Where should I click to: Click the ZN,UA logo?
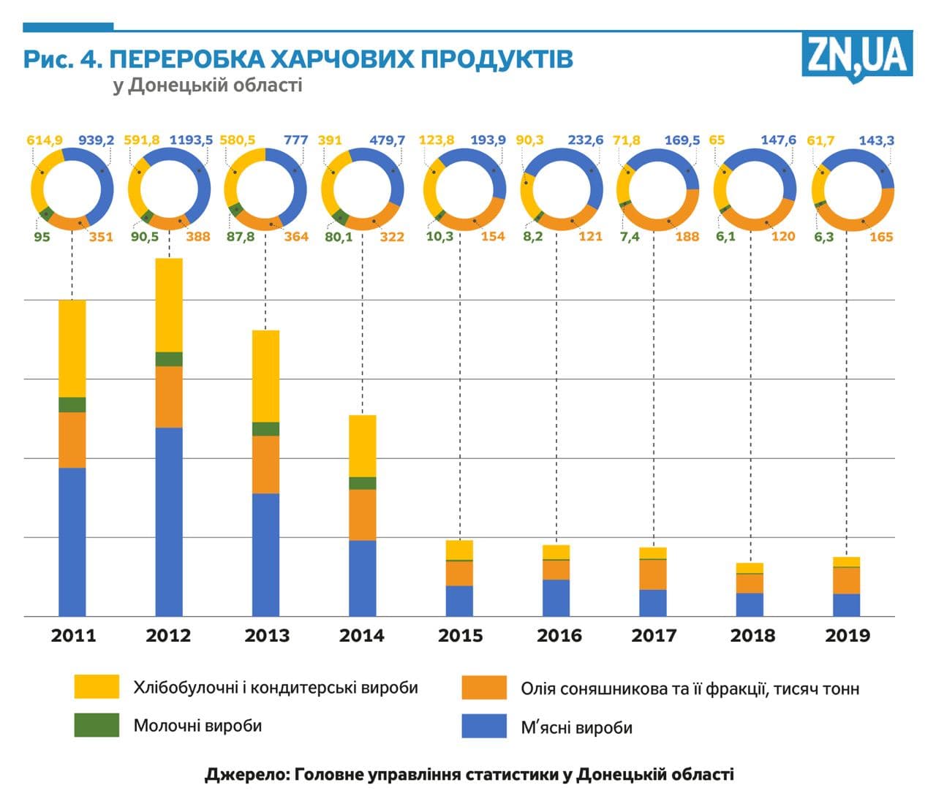[x=857, y=56]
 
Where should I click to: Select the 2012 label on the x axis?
[x=168, y=635]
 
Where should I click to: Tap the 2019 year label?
[x=848, y=635]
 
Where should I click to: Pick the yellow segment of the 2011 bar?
[x=72, y=348]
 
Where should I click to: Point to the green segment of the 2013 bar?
[x=265, y=429]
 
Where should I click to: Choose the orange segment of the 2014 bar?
[x=362, y=515]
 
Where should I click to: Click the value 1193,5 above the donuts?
[x=191, y=140]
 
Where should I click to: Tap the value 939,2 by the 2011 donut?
[x=97, y=140]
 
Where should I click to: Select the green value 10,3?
[x=439, y=237]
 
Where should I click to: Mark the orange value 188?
[x=687, y=237]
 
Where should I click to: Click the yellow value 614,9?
[x=45, y=140]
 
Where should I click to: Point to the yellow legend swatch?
[x=97, y=687]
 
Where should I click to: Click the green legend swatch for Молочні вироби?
[x=97, y=725]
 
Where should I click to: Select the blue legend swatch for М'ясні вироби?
[x=484, y=727]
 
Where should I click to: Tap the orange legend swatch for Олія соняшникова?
[x=484, y=688]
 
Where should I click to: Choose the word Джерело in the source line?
[x=245, y=774]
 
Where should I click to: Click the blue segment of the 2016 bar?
[x=556, y=597]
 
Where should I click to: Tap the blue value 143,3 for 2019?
[x=876, y=140]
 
